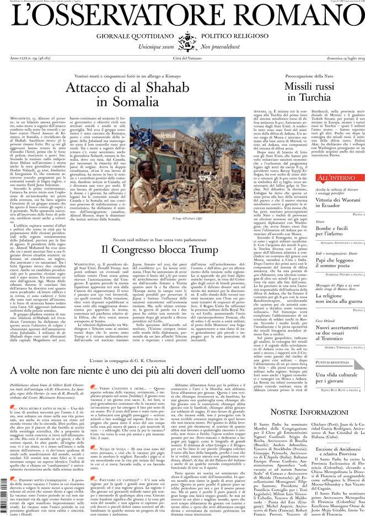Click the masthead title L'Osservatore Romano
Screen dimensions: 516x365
click(182, 20)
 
